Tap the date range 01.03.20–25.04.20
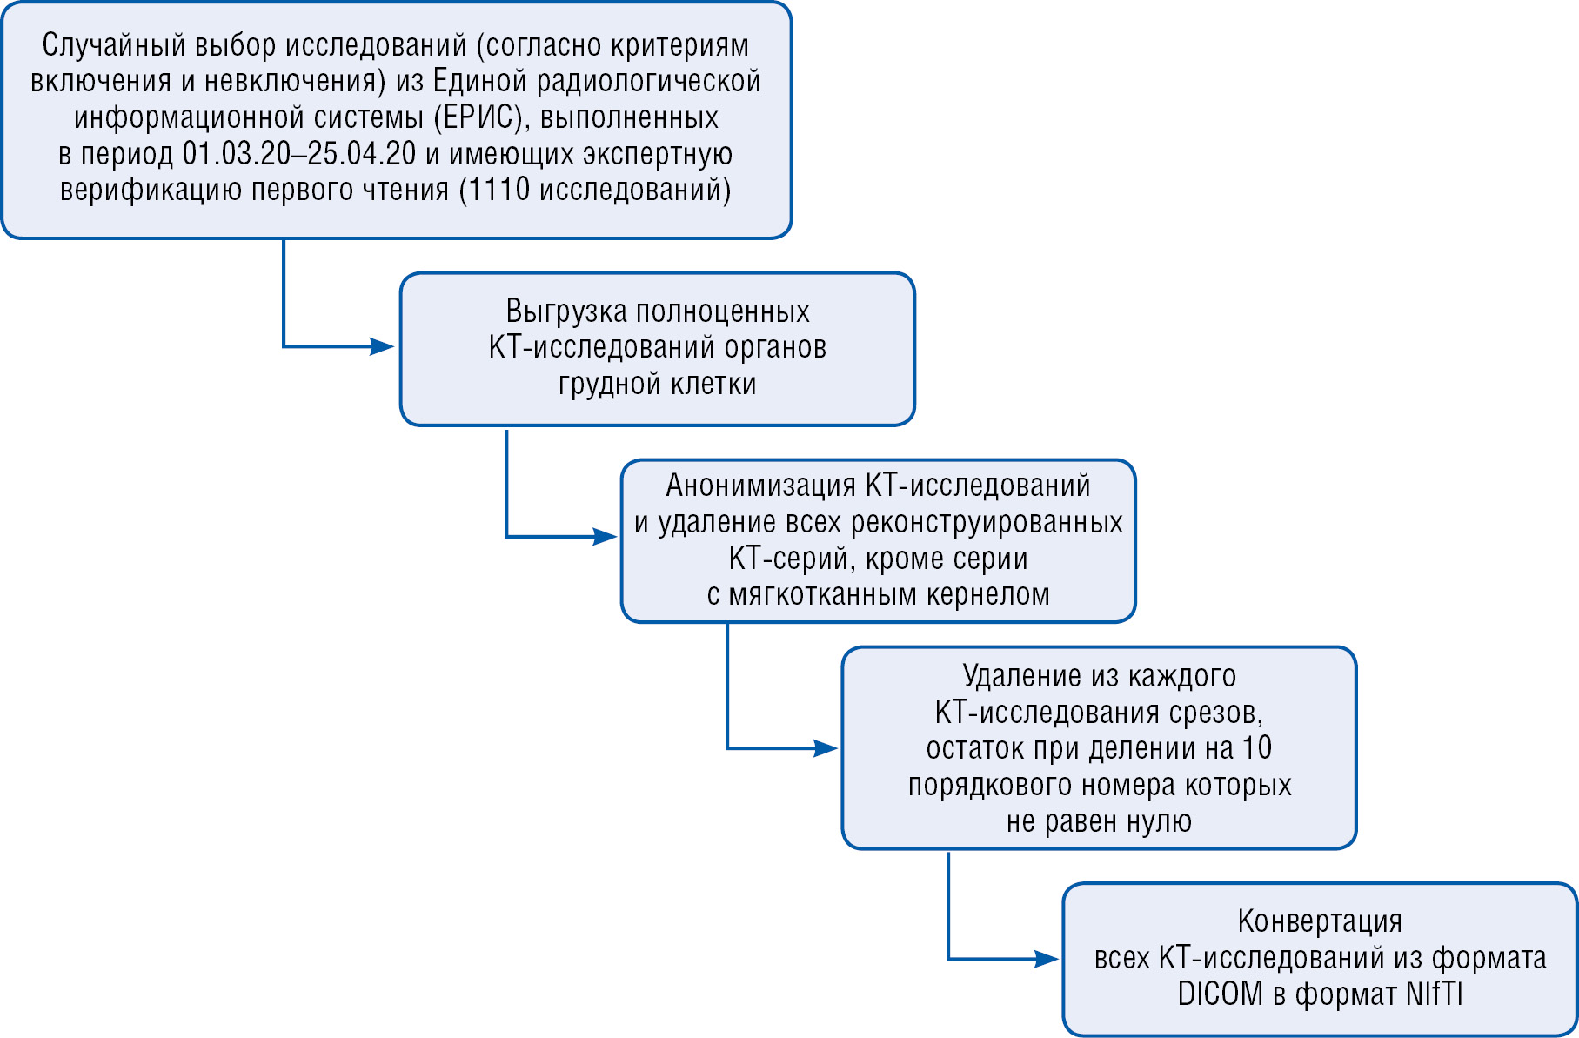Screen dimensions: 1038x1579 click(299, 154)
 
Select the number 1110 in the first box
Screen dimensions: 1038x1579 click(499, 190)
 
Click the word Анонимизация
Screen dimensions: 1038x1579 click(760, 486)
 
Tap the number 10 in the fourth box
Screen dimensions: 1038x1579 click(1257, 748)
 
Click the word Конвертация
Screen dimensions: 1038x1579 click(1320, 921)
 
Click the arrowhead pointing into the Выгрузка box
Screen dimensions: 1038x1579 click(383, 346)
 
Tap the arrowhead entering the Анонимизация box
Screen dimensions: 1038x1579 click(605, 536)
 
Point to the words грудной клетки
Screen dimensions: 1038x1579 click(657, 384)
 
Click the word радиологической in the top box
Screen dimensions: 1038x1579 click(648, 81)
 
